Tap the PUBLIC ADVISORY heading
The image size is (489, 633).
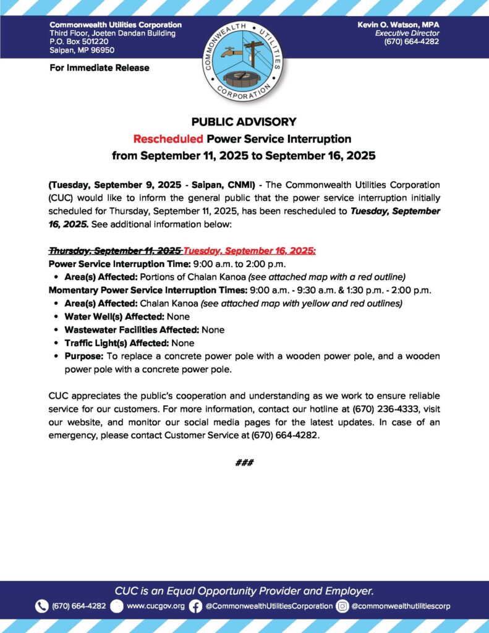click(x=244, y=122)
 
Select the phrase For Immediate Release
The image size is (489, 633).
click(x=99, y=67)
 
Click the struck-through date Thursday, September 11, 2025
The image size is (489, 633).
click(x=115, y=250)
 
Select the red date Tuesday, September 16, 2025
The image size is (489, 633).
click(x=250, y=250)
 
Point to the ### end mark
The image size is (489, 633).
click(x=244, y=463)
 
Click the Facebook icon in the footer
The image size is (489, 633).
click(x=195, y=606)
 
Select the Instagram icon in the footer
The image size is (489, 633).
click(x=342, y=606)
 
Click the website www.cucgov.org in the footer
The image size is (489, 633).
click(x=155, y=606)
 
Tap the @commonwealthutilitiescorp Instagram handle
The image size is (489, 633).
click(x=401, y=606)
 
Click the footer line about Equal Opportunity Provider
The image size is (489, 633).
click(x=244, y=590)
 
